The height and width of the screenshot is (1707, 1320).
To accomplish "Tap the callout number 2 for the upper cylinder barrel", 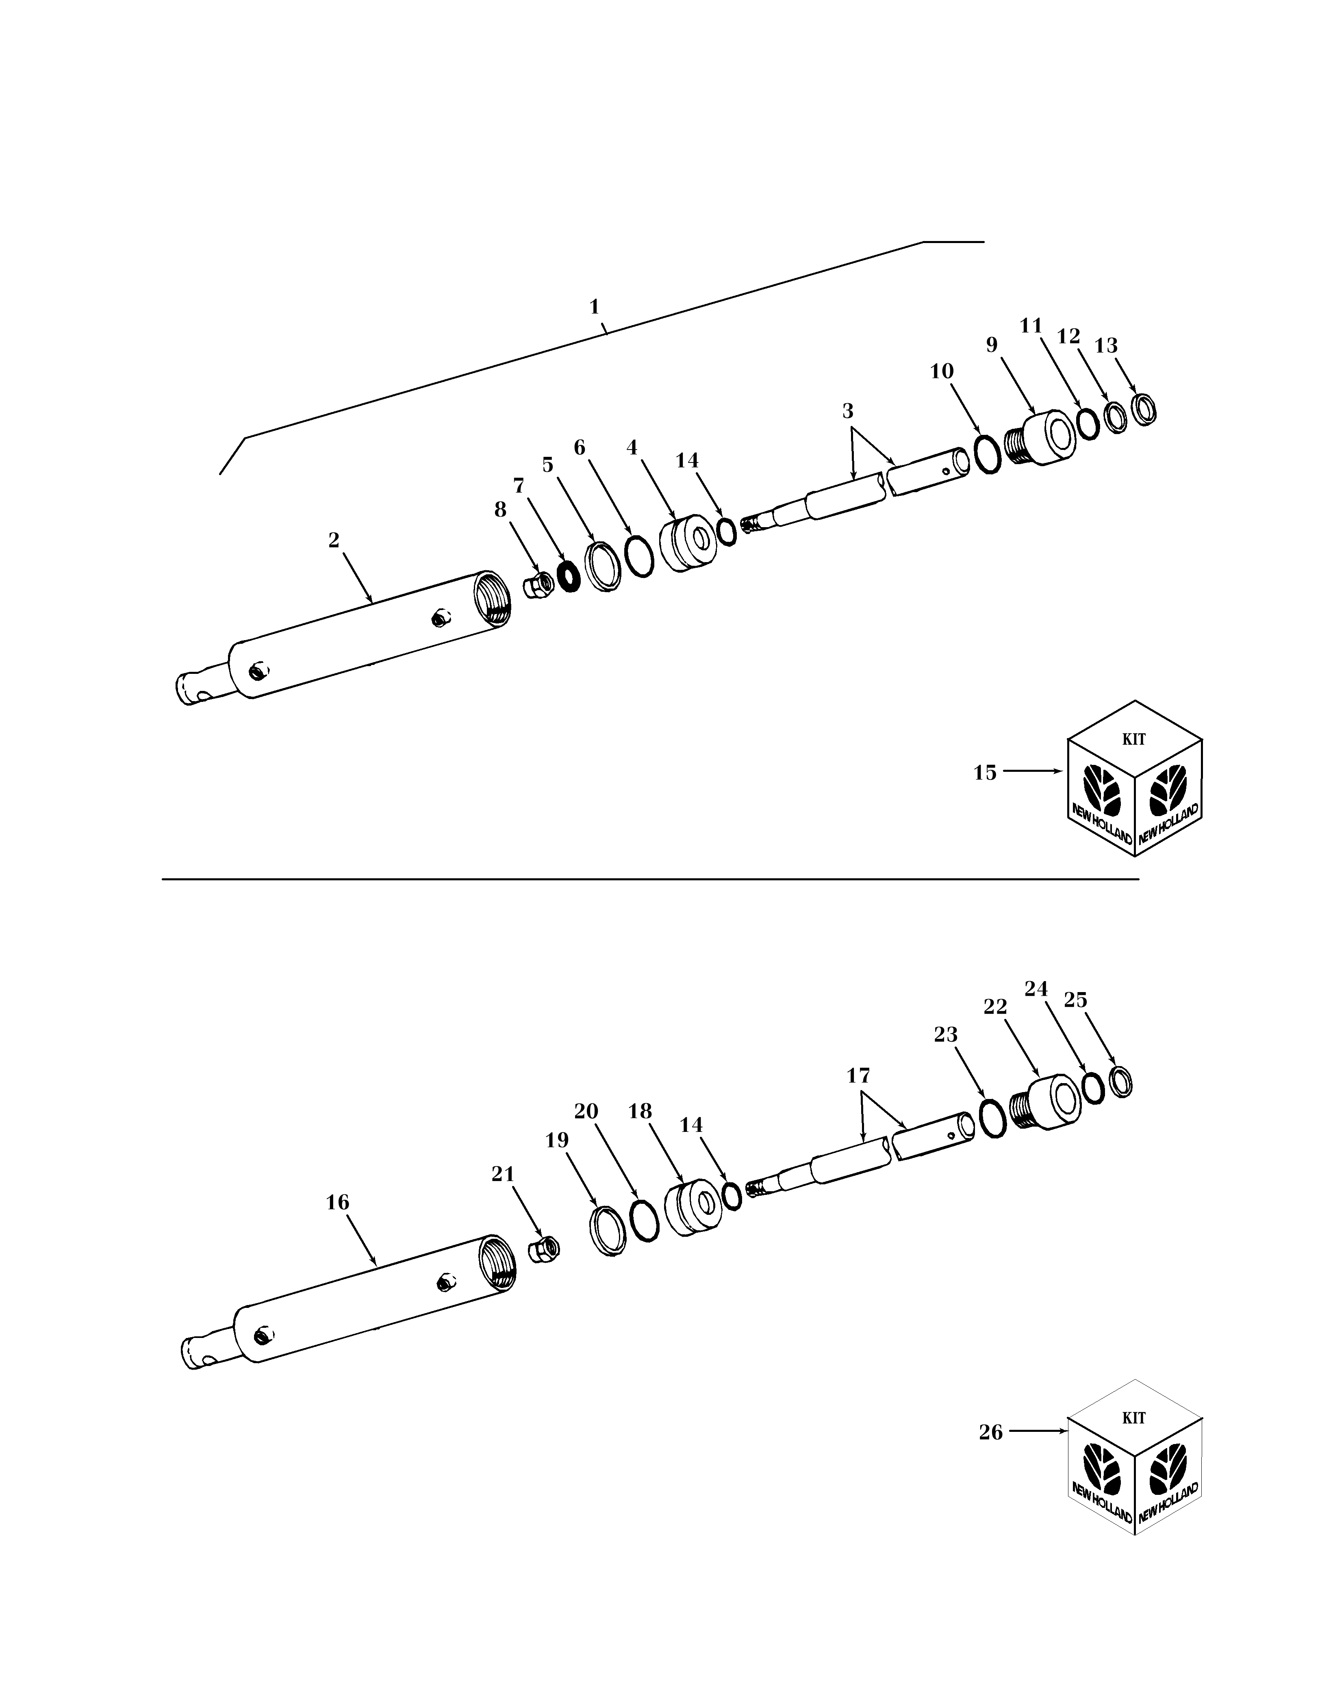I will [x=334, y=540].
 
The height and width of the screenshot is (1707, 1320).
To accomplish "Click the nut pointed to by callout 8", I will [x=538, y=584].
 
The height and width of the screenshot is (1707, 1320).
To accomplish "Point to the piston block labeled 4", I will [x=688, y=543].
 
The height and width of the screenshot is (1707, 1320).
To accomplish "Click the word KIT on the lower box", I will [x=1134, y=1418].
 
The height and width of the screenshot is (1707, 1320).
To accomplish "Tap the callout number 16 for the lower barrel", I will [x=338, y=1202].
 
